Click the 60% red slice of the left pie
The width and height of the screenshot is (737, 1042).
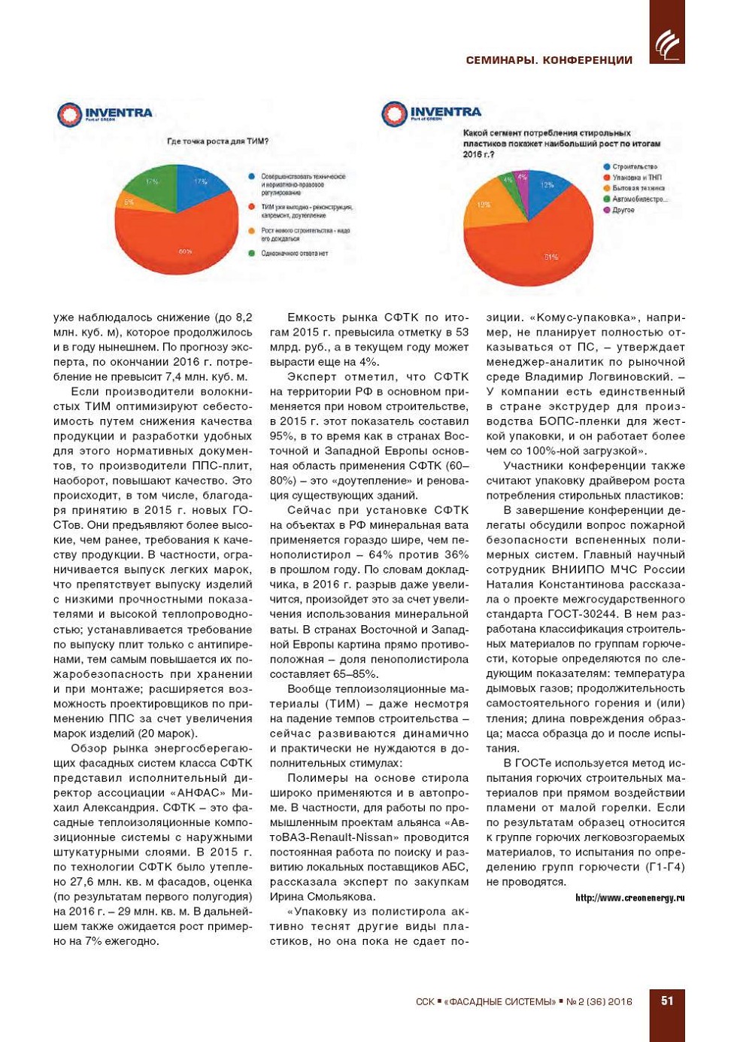coord(184,241)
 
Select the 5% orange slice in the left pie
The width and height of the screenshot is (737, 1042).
coord(130,203)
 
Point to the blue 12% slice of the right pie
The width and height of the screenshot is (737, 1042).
coord(545,187)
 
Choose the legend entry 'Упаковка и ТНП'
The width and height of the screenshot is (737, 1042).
coord(636,178)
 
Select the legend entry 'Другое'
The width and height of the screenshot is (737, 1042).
coord(623,210)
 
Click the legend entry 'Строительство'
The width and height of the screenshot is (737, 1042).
coord(634,167)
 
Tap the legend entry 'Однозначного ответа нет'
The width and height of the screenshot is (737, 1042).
coord(294,254)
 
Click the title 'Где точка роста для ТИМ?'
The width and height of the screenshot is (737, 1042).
coord(217,141)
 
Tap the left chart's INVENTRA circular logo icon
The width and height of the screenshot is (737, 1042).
coord(69,114)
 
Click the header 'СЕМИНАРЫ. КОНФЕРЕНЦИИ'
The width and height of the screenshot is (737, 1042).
coord(549,60)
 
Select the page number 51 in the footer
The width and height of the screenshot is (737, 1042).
coord(667,1001)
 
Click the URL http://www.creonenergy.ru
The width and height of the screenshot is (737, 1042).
coord(629,898)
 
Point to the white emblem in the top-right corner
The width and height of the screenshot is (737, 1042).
coord(666,45)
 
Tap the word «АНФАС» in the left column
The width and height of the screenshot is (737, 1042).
coord(199,793)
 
